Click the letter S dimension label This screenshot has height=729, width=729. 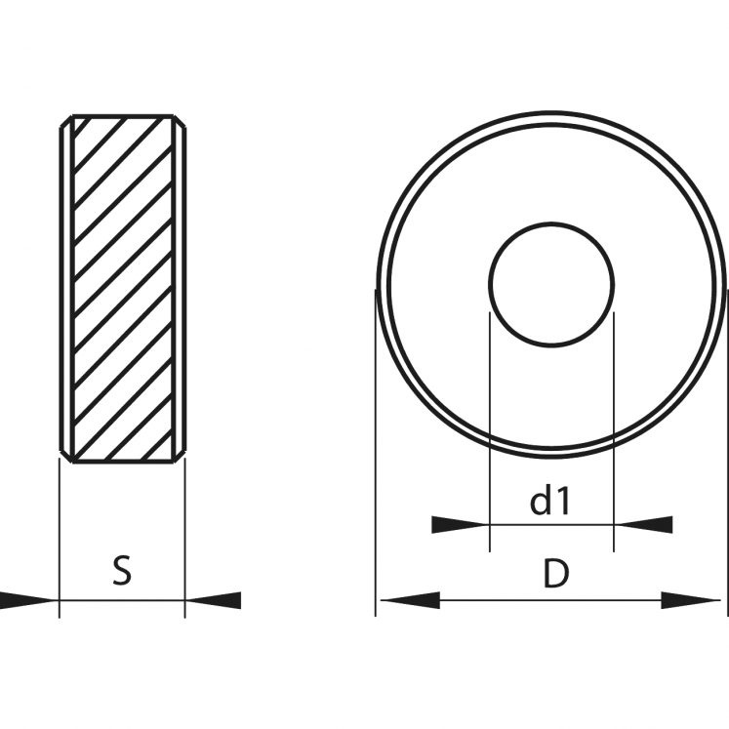pyautogui.click(x=122, y=571)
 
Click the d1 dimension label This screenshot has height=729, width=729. pyautogui.click(x=550, y=500)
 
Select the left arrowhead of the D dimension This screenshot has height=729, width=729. pyautogui.click(x=410, y=600)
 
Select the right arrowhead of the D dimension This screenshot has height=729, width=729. pyautogui.click(x=691, y=600)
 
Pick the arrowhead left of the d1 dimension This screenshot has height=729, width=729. pyautogui.click(x=461, y=525)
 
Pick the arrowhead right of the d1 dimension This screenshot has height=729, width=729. pyautogui.click(x=643, y=525)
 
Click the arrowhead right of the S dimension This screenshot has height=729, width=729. pyautogui.click(x=213, y=600)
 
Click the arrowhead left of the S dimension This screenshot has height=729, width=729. pyautogui.click(x=29, y=600)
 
